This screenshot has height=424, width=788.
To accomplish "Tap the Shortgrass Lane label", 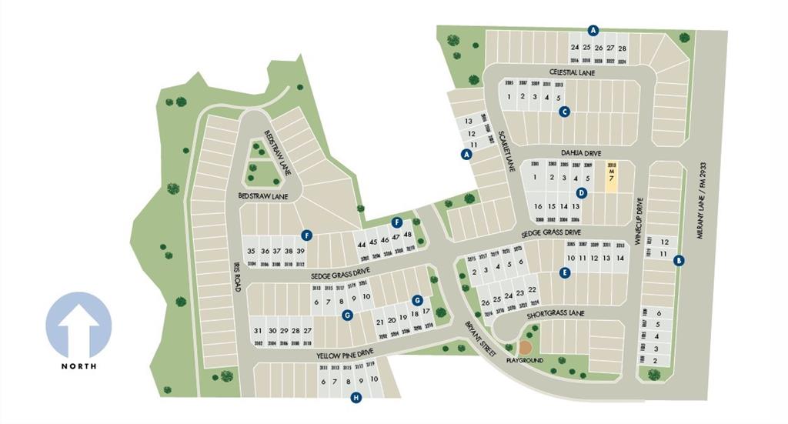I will tap(556, 314).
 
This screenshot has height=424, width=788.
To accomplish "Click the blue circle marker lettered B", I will tap(679, 260).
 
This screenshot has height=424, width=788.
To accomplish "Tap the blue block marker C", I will tap(565, 112).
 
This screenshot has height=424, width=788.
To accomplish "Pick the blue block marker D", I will tap(582, 192).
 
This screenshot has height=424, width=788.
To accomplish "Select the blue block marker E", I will tap(565, 272).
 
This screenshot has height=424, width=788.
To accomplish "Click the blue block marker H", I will tap(356, 397).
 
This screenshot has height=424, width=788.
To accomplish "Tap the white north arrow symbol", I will tap(78, 325).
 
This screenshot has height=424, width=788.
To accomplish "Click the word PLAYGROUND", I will tap(524, 360).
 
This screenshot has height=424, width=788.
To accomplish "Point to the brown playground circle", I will tap(526, 348).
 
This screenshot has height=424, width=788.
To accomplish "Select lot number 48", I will tap(408, 234).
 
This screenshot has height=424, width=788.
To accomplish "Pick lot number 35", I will tap(251, 251).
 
